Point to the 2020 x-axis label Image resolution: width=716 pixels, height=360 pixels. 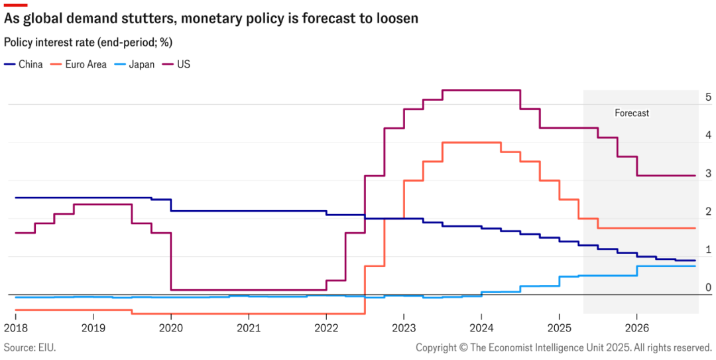(170, 328)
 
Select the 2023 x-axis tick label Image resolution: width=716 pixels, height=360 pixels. (404, 328)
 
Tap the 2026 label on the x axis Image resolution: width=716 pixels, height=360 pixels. (636, 328)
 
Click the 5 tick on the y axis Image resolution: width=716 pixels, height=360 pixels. (709, 97)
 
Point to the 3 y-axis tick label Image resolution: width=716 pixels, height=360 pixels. (709, 173)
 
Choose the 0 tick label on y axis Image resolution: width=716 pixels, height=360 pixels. (709, 287)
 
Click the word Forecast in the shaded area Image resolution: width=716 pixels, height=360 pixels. (632, 113)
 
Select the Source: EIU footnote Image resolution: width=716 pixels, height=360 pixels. (30, 347)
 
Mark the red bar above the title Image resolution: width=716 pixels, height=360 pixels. (15, 5)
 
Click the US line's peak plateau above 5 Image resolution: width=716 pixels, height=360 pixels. (481, 90)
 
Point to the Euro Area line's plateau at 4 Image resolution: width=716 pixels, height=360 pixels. (471, 142)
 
